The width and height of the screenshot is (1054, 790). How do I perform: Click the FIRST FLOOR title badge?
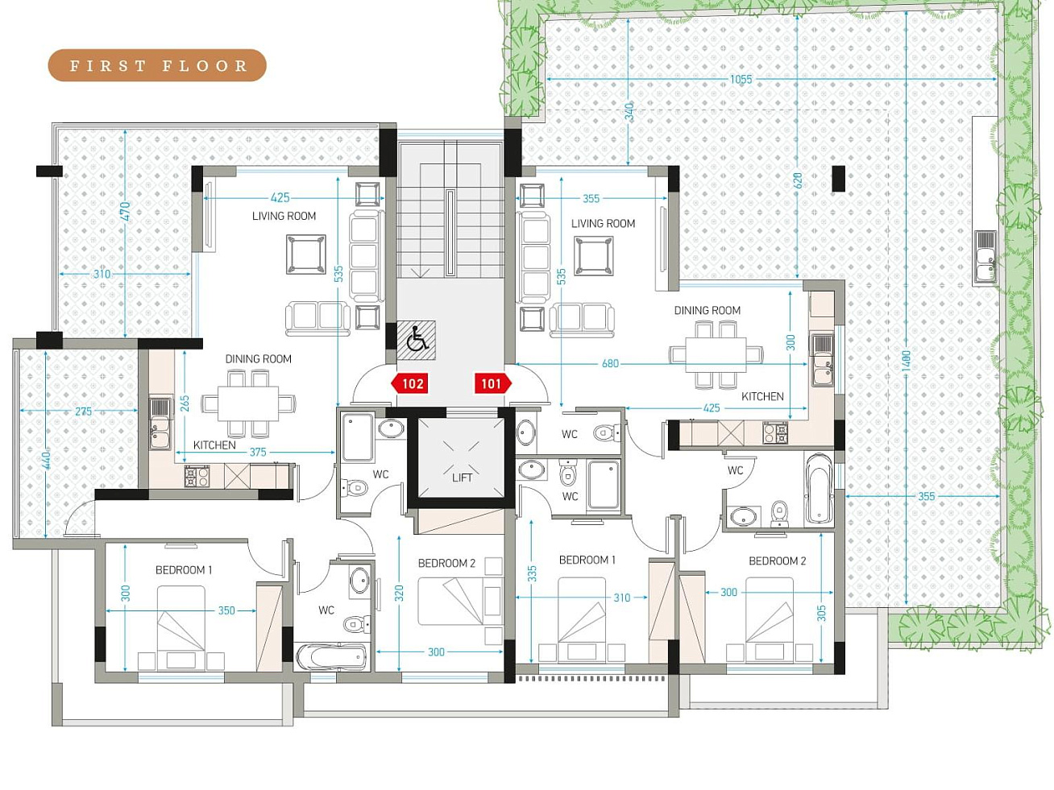[x=157, y=65]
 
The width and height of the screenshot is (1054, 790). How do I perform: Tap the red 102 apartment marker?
[x=409, y=384]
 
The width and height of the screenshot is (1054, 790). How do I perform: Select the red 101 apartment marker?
[x=493, y=384]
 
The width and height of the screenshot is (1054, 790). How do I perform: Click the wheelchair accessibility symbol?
[x=417, y=340]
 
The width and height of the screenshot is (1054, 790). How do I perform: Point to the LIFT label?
[x=462, y=478]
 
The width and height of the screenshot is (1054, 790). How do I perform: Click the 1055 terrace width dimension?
[x=741, y=79]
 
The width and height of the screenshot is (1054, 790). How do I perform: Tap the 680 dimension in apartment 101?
[x=610, y=363]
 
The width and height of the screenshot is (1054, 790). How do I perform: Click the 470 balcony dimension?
[x=125, y=211]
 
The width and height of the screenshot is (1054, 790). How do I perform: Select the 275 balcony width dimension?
[x=83, y=411]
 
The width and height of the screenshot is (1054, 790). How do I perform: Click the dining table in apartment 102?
[x=247, y=403]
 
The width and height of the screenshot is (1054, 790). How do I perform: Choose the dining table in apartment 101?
[x=716, y=355]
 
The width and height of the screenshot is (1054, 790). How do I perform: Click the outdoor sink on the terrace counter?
[x=986, y=257]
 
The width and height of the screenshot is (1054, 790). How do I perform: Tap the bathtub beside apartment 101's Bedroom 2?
[x=819, y=488]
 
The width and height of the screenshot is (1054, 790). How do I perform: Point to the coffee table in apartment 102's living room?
[x=306, y=254]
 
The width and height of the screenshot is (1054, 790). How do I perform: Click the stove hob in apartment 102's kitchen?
[x=197, y=476]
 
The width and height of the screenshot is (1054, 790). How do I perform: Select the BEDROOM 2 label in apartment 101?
[x=777, y=560]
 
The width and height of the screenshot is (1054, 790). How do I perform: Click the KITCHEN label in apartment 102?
[x=214, y=445]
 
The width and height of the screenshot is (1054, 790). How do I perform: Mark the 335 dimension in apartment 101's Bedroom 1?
[x=532, y=573]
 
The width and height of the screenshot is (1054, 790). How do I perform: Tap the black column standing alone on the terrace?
[x=838, y=179]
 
